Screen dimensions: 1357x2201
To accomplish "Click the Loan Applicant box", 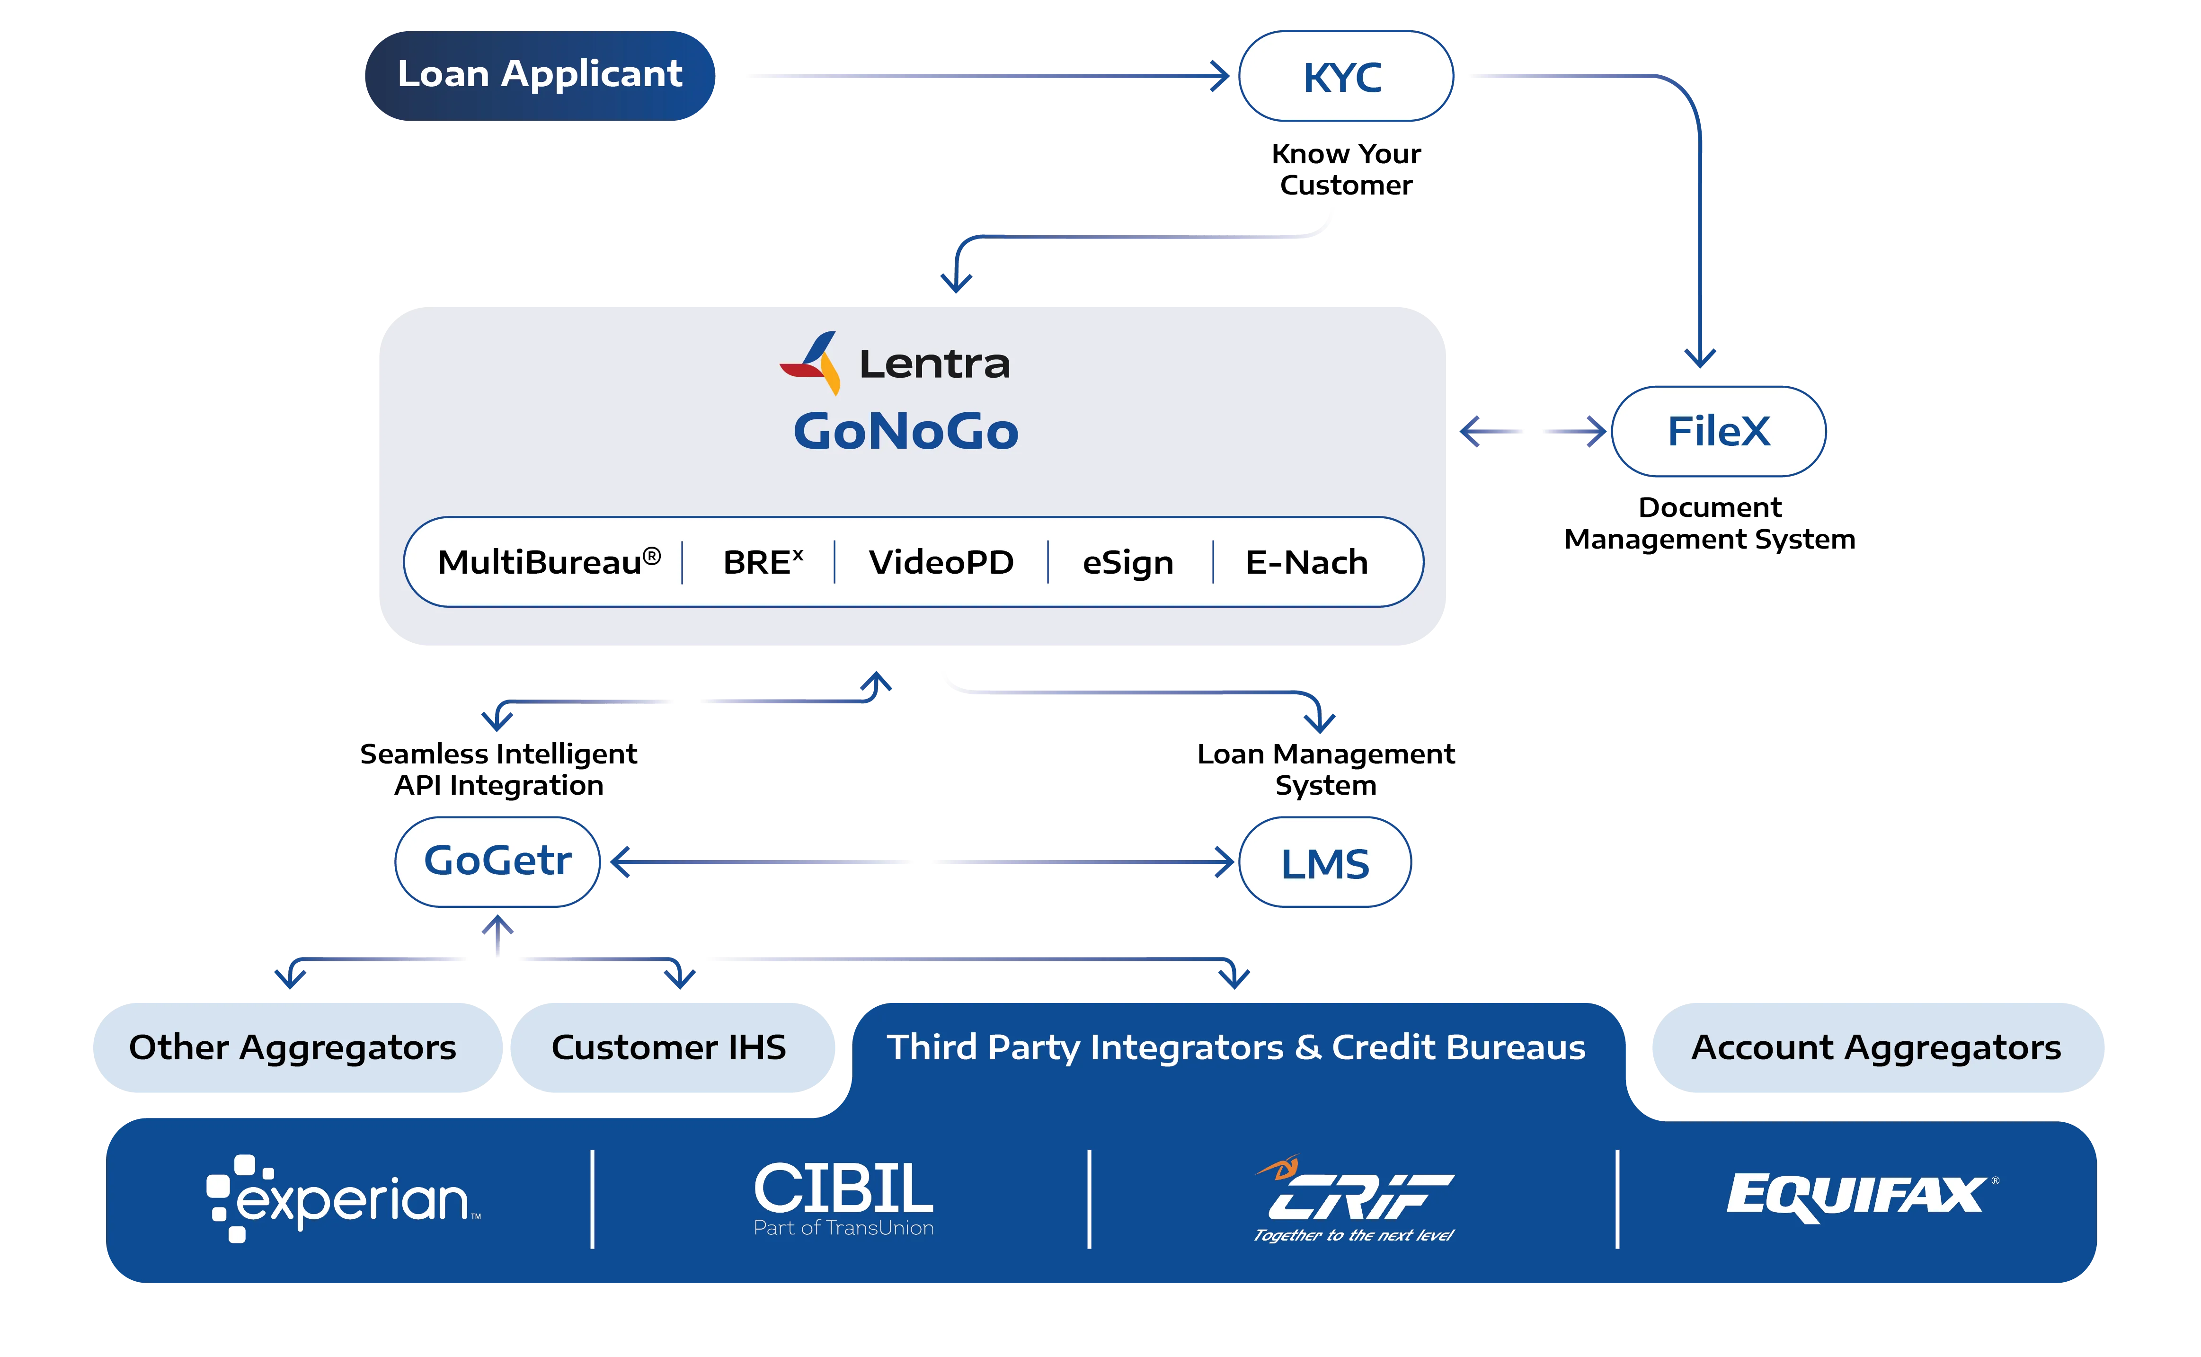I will [x=539, y=75].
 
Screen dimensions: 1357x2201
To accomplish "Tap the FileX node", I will [x=1718, y=432].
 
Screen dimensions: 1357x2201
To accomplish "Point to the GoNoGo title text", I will [x=905, y=432].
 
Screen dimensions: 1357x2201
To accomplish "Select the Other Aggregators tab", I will [x=293, y=1047].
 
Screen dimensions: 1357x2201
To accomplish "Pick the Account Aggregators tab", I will [x=1876, y=1047].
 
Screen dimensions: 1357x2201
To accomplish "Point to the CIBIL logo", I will [x=843, y=1197].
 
